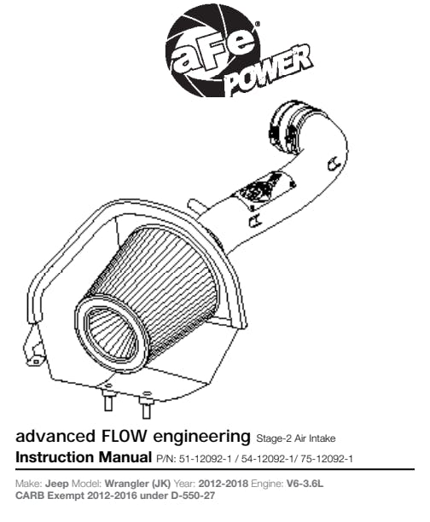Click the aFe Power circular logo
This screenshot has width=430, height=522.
213,51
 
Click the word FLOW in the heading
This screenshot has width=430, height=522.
123,436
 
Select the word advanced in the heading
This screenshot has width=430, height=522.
55,436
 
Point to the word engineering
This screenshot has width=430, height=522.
201,437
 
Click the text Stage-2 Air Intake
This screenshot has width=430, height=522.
296,438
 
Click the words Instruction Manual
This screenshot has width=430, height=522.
84,457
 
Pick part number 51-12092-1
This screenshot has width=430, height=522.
205,459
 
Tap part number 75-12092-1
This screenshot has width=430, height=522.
327,459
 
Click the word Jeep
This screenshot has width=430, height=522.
56,484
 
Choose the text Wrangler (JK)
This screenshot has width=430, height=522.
137,484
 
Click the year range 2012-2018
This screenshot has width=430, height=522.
224,484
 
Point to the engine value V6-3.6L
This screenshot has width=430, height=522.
305,484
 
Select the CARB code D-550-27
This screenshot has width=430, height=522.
193,496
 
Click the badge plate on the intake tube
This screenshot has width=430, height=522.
264,191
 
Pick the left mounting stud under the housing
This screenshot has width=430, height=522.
108,398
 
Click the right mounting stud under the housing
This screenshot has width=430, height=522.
147,406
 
